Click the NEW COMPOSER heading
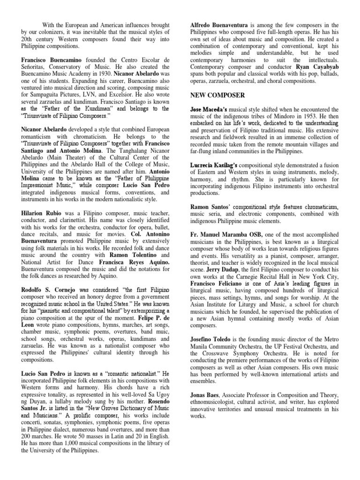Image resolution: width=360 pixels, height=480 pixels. pos(217,95)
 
